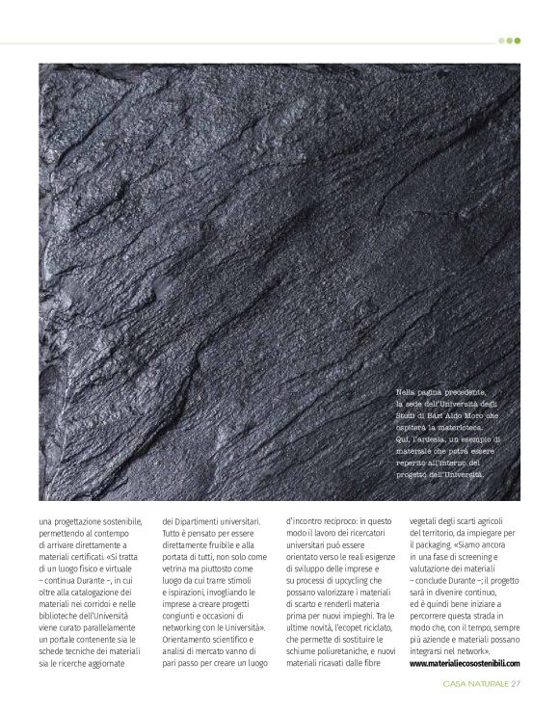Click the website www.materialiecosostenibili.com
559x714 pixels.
[x=465, y=663]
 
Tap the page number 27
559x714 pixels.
[x=516, y=685]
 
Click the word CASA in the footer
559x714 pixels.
[x=456, y=685]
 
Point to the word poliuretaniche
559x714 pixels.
[x=338, y=650]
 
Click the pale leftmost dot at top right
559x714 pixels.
[x=501, y=40]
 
